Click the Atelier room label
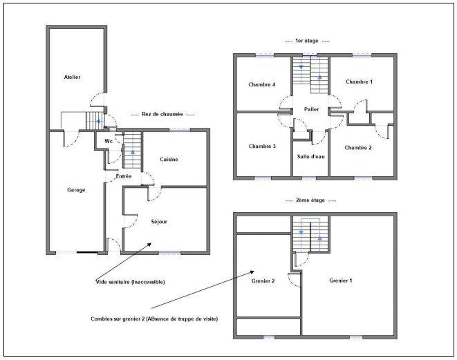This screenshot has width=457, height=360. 72,77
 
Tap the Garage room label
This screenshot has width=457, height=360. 76,190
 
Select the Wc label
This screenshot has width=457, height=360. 109,141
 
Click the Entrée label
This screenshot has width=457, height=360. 124,176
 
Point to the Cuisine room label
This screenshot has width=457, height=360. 169,160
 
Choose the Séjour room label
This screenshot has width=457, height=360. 159,221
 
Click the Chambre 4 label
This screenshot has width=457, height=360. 262,84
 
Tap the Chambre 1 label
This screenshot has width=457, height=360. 359,82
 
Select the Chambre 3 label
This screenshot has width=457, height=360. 262,146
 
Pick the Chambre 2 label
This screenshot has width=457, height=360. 358,147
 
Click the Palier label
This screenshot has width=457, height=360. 310,108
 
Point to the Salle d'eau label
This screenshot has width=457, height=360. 310,156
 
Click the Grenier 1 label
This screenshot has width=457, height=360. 341,281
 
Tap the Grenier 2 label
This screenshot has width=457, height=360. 263,281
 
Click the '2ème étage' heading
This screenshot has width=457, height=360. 310,200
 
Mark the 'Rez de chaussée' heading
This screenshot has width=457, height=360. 162,115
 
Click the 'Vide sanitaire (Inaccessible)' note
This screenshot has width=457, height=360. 131,282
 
